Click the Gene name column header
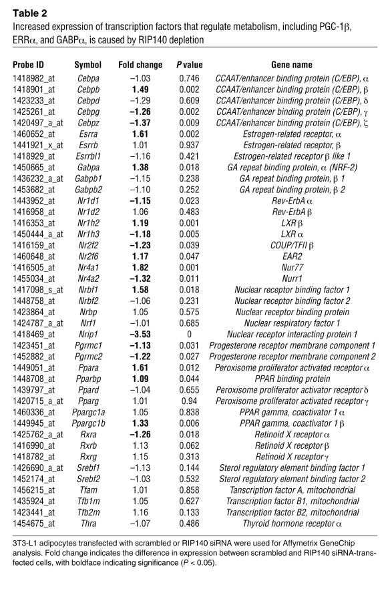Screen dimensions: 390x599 (x=292, y=65)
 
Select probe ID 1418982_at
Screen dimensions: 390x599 (x=35, y=79)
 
